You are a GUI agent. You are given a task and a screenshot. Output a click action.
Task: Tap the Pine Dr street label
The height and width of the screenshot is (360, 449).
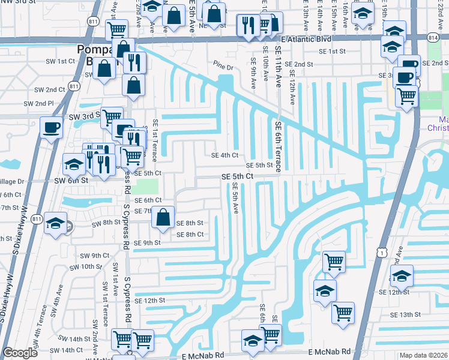coord(223,64)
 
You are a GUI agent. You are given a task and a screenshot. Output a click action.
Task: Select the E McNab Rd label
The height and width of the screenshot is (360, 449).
coord(328,355)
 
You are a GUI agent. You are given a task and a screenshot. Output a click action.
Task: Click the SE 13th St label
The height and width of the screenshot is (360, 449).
coord(406,314)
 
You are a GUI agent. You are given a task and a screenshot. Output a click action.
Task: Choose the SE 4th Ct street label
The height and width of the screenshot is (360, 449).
coord(225,155)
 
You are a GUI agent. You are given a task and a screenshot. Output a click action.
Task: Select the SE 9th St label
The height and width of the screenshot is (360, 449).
coord(147,243)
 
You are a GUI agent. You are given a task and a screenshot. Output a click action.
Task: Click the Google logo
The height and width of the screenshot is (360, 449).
coord(20,353)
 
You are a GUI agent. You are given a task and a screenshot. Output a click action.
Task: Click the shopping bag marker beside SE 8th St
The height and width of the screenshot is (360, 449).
coord(163,218)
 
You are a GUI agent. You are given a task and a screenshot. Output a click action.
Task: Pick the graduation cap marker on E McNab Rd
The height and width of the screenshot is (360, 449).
coord(253,342)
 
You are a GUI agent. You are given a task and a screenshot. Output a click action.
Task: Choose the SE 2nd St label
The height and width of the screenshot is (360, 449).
coord(299,64)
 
